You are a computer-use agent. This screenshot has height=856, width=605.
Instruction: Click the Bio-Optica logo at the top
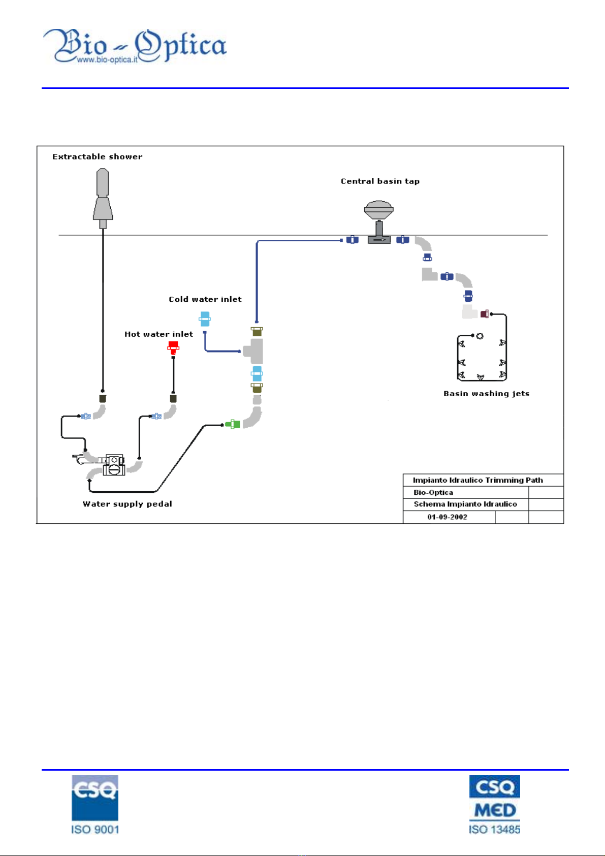click(x=135, y=45)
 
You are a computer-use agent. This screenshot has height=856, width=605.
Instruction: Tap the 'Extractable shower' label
click(x=97, y=156)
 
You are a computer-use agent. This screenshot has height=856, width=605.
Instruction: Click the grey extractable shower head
click(x=103, y=199)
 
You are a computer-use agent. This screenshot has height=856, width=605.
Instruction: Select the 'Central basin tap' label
click(x=380, y=181)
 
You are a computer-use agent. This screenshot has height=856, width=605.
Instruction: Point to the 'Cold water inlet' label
click(x=205, y=299)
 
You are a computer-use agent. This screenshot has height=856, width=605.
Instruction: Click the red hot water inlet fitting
click(x=173, y=348)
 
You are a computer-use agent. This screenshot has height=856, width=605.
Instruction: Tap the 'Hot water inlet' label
click(x=158, y=334)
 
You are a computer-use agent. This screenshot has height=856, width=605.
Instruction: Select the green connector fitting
click(x=232, y=424)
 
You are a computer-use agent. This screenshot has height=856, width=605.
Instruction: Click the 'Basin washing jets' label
click(x=486, y=394)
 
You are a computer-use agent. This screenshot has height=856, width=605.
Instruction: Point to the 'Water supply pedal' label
click(x=128, y=504)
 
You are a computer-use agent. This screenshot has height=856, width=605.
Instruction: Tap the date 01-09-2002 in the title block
click(x=447, y=517)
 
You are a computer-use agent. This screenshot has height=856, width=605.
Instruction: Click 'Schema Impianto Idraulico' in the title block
click(x=465, y=504)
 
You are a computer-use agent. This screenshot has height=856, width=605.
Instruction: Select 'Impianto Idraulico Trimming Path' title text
click(x=477, y=480)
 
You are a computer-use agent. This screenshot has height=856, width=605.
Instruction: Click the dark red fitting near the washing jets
click(x=484, y=314)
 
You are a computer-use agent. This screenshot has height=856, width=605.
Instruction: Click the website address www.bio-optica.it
click(x=107, y=59)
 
